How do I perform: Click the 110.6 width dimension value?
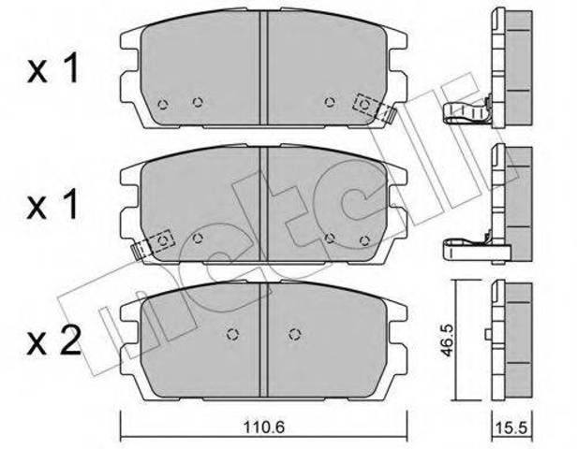[x=264, y=427]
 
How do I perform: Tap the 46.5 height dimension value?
[x=447, y=340]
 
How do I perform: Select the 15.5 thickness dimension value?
[x=511, y=428]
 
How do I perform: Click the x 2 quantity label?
[x=53, y=341]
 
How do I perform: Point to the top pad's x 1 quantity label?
[x=52, y=68]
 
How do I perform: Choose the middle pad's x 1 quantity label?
[x=52, y=205]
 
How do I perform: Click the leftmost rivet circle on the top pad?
[x=163, y=105]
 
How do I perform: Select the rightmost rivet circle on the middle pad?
[x=364, y=241]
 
